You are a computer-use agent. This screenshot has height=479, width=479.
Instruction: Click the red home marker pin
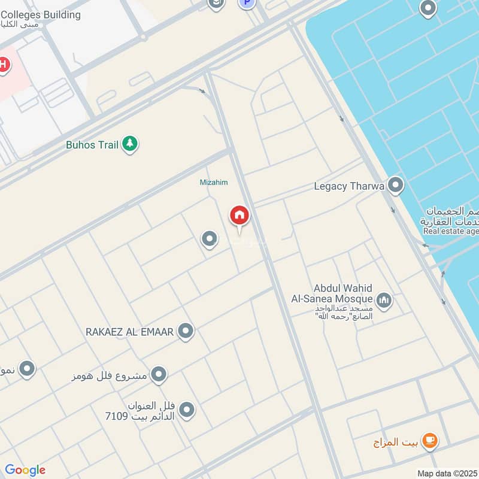[x=239, y=216]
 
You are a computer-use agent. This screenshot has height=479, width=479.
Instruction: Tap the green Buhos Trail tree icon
[x=130, y=144]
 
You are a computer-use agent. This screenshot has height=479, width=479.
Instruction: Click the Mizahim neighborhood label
[x=214, y=182]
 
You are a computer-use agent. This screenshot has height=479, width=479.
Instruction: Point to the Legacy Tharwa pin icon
[x=395, y=185]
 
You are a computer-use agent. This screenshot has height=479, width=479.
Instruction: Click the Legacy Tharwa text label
[x=349, y=186]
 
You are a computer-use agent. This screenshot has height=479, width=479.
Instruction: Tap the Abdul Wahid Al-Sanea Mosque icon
[x=384, y=299]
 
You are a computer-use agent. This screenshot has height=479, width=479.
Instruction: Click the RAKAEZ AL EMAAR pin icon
[x=186, y=331]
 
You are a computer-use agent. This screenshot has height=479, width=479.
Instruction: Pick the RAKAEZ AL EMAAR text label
[x=129, y=331]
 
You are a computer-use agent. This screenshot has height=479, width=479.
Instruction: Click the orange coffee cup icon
[x=429, y=441]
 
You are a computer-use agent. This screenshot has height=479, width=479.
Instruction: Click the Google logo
[x=25, y=470]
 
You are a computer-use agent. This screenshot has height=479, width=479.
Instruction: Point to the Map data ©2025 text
[x=447, y=473]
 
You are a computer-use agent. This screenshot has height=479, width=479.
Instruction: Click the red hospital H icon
[x=4, y=64]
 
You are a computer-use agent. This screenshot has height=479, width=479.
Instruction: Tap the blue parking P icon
[x=246, y=3]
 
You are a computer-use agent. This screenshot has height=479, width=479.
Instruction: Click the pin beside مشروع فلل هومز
[x=158, y=375]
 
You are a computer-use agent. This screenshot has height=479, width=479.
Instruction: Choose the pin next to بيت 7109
[x=187, y=410]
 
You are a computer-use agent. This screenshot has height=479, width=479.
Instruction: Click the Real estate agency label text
[x=451, y=231]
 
